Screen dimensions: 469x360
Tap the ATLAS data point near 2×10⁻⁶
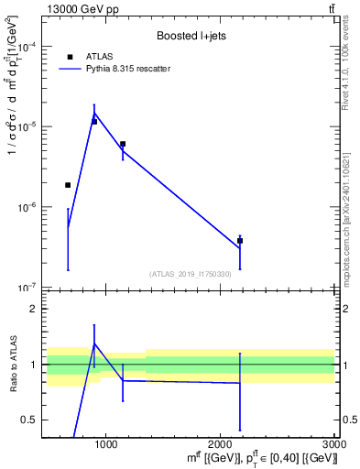(68, 185)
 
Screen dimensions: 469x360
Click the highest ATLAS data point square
(94, 121)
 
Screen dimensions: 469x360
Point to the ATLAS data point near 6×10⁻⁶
(123, 144)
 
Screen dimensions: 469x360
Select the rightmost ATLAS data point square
(240, 241)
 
